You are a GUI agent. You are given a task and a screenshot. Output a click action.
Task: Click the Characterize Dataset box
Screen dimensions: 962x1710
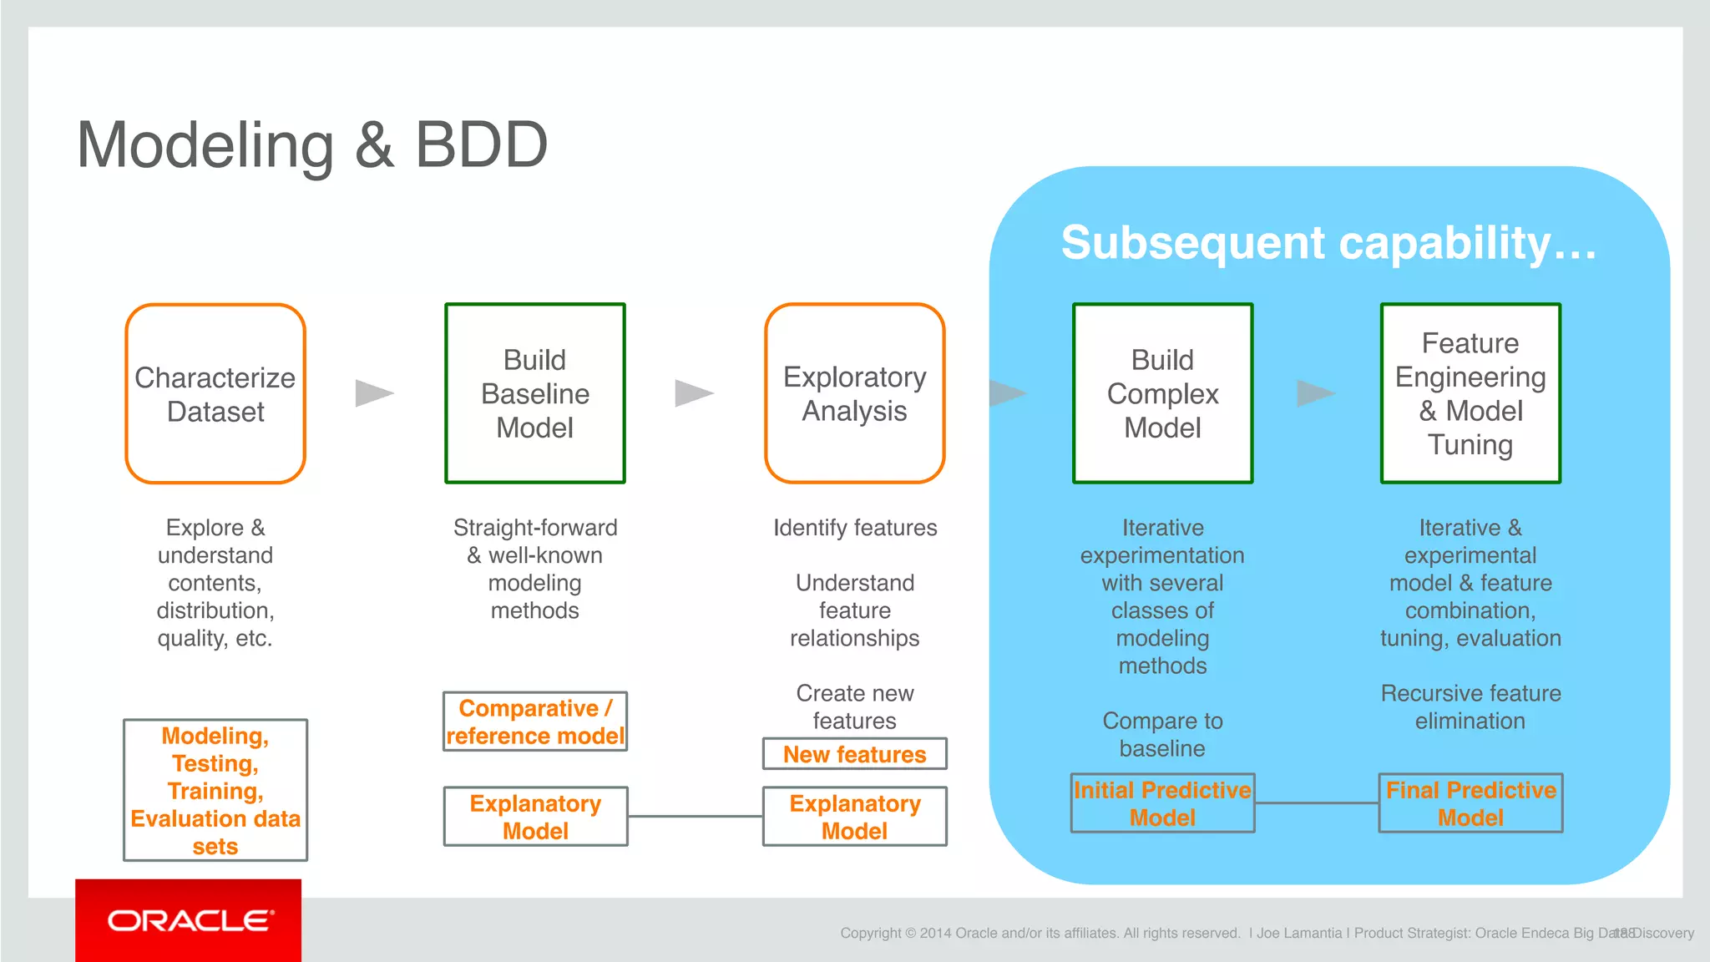[215, 393]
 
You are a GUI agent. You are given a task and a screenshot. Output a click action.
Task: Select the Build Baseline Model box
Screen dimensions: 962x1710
[535, 393]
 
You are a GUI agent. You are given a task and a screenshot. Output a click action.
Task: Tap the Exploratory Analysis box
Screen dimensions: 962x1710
[854, 393]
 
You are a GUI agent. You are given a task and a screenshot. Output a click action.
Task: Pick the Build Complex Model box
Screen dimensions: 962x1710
[1162, 393]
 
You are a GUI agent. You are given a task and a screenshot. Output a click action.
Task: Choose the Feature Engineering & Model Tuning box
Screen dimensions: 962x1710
[1470, 393]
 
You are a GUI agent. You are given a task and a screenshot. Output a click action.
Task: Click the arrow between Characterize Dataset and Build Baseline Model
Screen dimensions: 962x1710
[373, 393]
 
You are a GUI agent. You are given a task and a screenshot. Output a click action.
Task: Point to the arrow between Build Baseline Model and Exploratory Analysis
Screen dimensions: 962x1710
[693, 393]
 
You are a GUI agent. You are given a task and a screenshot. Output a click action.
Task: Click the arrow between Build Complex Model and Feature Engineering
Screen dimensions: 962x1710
[1315, 393]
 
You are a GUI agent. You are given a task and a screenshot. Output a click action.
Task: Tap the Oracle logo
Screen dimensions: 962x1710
[189, 920]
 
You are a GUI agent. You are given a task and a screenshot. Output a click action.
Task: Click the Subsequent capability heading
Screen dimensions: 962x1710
[1328, 243]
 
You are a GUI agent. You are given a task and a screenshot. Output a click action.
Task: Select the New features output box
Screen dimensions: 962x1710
[854, 754]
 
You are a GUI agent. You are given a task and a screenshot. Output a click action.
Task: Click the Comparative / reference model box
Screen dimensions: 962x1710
[535, 721]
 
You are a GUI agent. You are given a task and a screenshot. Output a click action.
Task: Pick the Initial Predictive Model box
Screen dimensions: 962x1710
[1162, 803]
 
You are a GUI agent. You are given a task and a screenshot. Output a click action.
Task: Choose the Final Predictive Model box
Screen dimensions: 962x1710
[1470, 803]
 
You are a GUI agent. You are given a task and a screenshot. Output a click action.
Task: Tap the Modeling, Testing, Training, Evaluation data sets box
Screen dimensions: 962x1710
[215, 790]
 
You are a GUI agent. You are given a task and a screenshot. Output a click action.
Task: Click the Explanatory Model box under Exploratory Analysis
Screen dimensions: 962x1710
[854, 817]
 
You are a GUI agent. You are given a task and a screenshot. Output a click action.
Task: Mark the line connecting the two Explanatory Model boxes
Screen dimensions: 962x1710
[695, 817]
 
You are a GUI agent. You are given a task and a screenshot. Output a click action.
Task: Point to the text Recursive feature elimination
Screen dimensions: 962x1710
[1470, 706]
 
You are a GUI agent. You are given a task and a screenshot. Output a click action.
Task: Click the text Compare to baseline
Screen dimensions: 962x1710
[1162, 734]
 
